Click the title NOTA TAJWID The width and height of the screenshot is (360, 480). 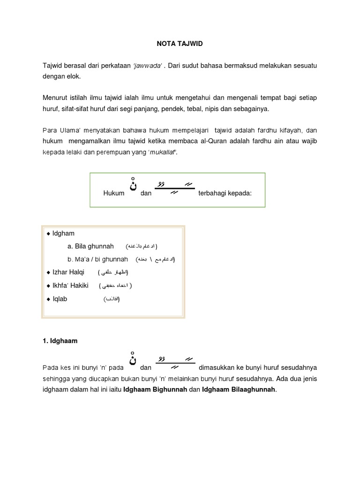click(x=180, y=44)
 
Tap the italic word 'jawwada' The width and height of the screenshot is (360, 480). click(x=148, y=66)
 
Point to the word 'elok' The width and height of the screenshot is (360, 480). click(x=73, y=76)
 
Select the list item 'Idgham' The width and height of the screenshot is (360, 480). click(x=63, y=233)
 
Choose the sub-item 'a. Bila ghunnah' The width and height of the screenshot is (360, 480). click(x=90, y=246)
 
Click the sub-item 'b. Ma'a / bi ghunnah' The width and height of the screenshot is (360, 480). click(x=97, y=259)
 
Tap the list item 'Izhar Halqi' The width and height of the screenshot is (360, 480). click(x=68, y=272)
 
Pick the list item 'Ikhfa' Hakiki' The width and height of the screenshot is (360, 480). click(x=70, y=285)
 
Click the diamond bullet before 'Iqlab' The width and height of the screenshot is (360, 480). click(x=48, y=299)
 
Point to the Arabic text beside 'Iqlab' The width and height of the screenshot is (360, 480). click(x=112, y=300)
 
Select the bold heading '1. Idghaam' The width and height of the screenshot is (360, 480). click(x=60, y=341)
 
